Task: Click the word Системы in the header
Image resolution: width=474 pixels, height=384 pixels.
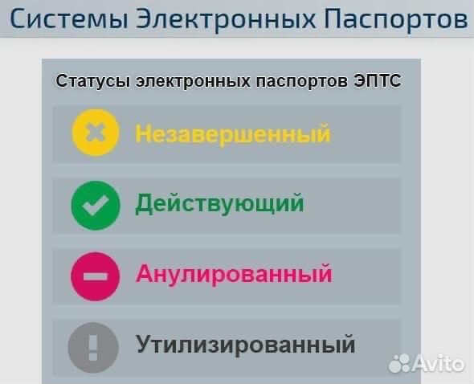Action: click(65, 18)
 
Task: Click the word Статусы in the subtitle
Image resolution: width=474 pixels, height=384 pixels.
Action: click(95, 81)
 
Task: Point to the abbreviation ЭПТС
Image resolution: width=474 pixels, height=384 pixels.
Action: click(376, 81)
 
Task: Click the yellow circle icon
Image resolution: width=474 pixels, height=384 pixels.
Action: click(96, 133)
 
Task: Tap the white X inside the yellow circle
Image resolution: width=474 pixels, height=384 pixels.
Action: click(96, 133)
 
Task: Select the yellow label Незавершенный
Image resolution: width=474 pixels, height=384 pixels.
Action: click(232, 133)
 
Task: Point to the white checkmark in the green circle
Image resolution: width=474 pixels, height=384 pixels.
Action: click(96, 205)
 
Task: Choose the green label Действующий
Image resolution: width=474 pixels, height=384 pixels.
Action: click(219, 203)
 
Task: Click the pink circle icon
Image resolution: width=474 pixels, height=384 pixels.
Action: click(96, 275)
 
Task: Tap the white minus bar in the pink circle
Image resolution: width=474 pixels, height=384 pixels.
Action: click(96, 276)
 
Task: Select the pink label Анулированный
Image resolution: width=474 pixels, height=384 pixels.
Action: click(233, 274)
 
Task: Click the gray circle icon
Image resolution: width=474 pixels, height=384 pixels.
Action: click(93, 346)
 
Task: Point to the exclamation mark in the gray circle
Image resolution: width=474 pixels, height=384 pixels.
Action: click(93, 346)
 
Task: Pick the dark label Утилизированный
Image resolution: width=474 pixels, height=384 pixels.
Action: click(244, 345)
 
